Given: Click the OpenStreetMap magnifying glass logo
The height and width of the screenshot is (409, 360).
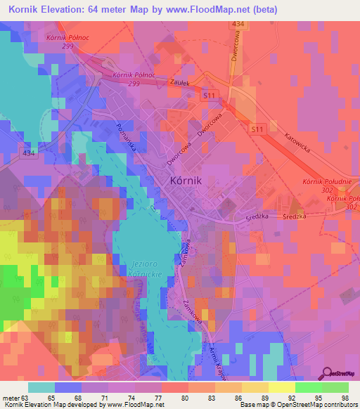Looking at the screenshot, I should [328, 372].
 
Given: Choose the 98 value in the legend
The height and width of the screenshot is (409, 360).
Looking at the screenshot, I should [345, 398].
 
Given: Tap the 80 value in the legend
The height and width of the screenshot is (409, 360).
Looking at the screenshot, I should [185, 398].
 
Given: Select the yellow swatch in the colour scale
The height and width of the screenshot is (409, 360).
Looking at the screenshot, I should [281, 387].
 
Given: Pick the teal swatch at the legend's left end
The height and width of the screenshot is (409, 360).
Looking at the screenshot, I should [41, 387].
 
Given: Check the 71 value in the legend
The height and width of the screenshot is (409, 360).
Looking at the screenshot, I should [105, 398].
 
